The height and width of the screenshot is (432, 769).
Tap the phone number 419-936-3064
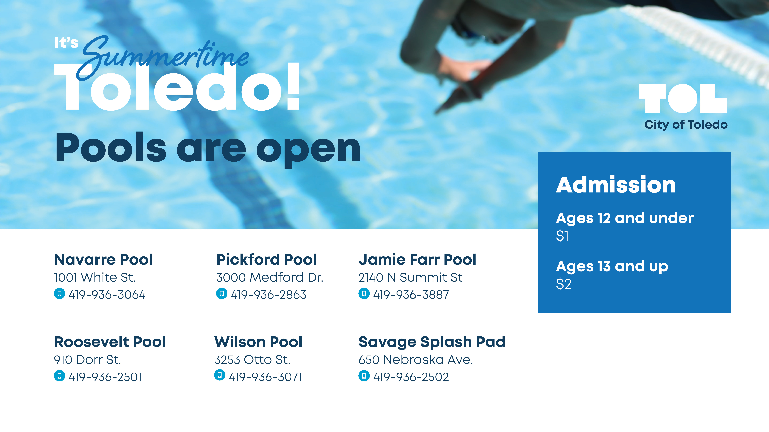[107, 295]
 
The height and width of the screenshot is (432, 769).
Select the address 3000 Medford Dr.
[270, 278]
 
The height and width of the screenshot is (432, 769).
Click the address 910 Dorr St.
[87, 360]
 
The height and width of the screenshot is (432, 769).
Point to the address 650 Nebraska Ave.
[416, 360]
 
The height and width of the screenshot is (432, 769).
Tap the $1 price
[562, 236]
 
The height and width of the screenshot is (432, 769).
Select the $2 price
[564, 284]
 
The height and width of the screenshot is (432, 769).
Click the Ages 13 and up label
[612, 266]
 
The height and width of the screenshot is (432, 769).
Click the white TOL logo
[683, 98]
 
